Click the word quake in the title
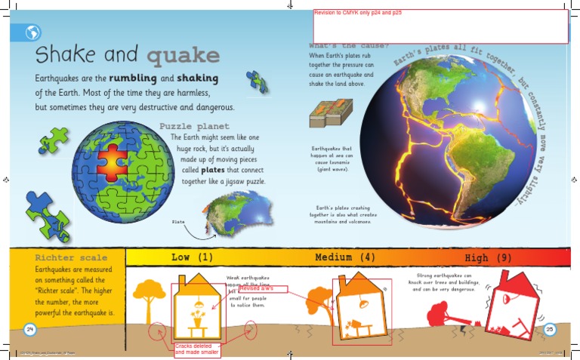[184, 55]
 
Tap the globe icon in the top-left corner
[33, 32]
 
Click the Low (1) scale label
[192, 257]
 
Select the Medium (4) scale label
[345, 257]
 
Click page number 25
[550, 329]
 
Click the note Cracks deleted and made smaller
[196, 349]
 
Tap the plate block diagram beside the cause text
[326, 114]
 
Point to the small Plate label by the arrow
[178, 222]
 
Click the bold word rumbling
[133, 78]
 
